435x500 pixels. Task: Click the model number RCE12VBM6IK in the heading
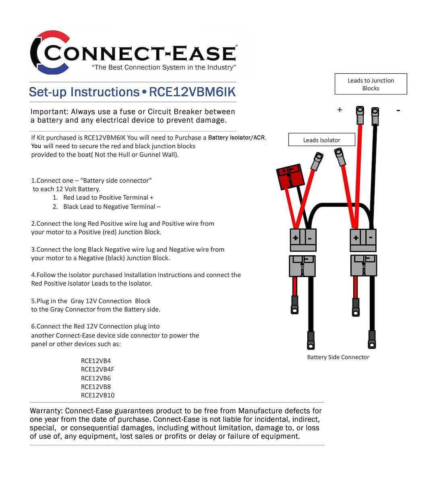pos(192,92)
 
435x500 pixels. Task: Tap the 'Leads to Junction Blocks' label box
pos(371,84)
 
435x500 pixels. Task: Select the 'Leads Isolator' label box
pos(321,140)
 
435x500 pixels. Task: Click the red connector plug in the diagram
pos(289,176)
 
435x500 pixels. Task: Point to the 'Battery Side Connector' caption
pos(338,357)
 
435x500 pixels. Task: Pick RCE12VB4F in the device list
pos(97,369)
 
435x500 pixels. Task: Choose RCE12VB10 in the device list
pos(97,395)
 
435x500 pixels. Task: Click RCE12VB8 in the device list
pos(96,387)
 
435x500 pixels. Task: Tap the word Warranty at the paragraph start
pos(46,411)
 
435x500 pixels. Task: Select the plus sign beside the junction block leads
pos(340,110)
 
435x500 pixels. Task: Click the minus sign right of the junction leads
pos(398,110)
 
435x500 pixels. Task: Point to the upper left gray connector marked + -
pos(303,240)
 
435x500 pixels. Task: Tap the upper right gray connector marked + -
pos(363,240)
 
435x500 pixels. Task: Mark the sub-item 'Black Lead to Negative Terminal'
pos(112,206)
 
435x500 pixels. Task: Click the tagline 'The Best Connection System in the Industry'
pos(164,67)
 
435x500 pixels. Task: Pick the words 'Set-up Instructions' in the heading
pos(84,92)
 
